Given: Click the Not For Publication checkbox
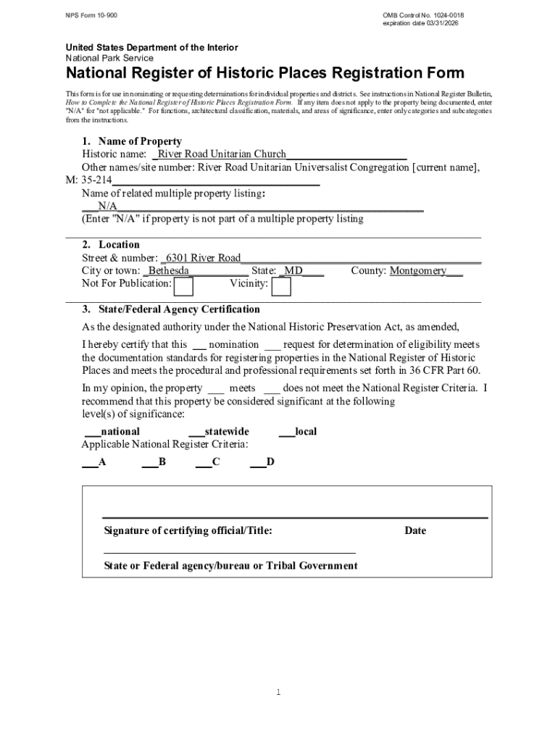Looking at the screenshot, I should [184, 287].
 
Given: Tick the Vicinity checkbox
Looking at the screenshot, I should [281, 287].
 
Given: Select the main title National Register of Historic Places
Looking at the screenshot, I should [265, 73].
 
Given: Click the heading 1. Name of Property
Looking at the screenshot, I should [131, 141].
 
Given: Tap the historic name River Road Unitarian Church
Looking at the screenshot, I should [222, 154].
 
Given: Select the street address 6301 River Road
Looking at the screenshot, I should [204, 258].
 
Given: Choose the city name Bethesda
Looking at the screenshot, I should [169, 271].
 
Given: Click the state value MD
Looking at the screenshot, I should [293, 271].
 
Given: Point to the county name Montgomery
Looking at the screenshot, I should [418, 271].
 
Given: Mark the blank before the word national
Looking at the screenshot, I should [92, 432].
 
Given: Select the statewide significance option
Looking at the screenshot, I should [218, 432].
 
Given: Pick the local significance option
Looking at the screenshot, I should [298, 432].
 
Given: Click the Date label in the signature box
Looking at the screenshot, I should [415, 530].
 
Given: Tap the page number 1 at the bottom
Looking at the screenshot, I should [278, 693].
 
